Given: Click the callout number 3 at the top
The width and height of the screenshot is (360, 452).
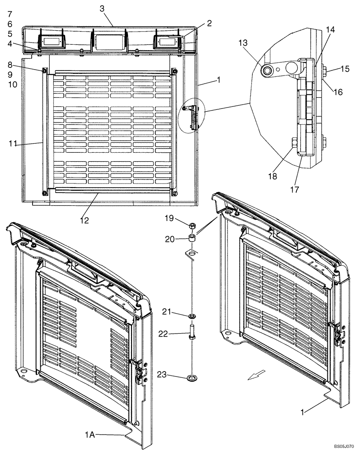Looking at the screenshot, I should (x=102, y=9).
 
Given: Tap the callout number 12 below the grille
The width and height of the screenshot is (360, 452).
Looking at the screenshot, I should (x=84, y=221).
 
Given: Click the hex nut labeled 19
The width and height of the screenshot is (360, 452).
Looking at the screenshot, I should (x=192, y=225).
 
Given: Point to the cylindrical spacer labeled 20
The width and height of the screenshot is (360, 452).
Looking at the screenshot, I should (x=192, y=239).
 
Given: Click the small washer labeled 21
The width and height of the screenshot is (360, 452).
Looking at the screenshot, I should (x=192, y=315).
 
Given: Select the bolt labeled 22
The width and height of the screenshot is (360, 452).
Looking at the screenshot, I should (x=192, y=334).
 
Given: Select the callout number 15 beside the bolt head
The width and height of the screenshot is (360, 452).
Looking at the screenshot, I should (x=345, y=69).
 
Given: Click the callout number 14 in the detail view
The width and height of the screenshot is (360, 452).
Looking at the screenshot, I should (x=330, y=29).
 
